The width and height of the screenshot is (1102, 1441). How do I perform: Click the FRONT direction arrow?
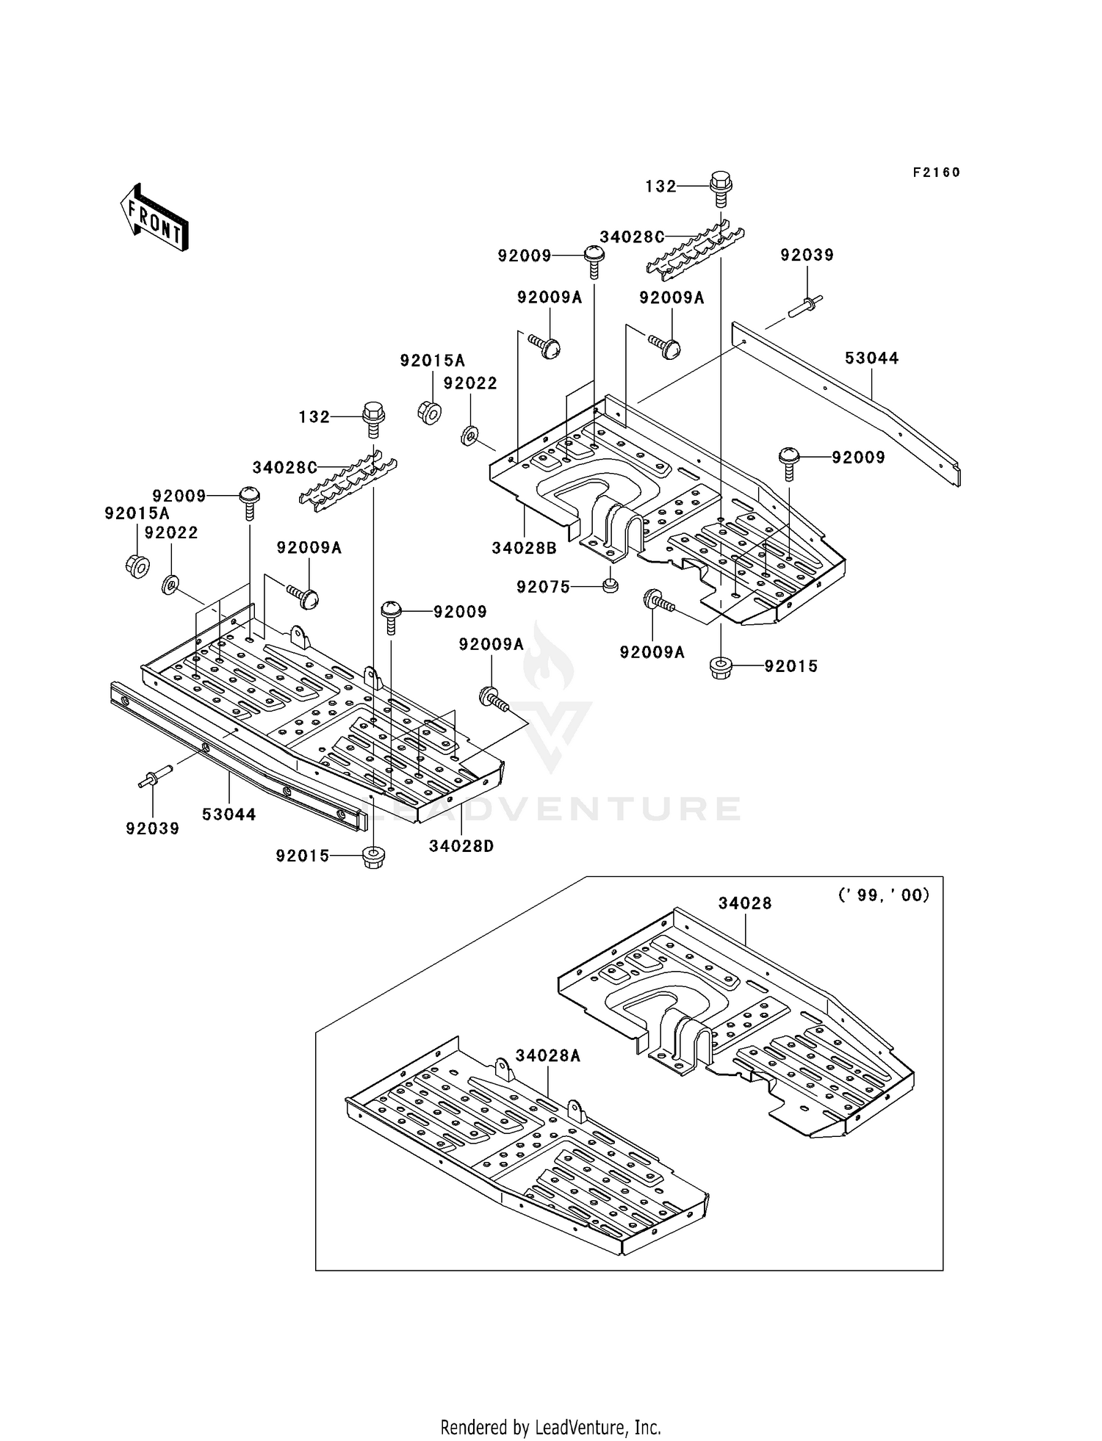point(154,219)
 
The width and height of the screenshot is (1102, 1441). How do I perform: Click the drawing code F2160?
point(936,173)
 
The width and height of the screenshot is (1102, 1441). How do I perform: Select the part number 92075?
point(543,587)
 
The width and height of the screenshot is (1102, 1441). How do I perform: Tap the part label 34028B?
point(524,548)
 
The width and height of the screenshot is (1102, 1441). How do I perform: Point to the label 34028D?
point(461,846)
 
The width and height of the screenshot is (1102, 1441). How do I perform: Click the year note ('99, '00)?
point(884,895)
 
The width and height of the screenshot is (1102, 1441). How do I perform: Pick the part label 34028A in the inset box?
point(547,1055)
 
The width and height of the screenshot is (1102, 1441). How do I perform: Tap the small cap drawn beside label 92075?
point(608,585)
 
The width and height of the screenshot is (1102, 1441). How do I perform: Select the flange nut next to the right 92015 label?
point(721,668)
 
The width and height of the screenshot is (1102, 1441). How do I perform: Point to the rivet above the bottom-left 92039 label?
point(155,776)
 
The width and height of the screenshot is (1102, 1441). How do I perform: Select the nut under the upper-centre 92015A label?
point(430,412)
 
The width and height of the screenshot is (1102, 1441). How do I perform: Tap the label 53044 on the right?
point(871,358)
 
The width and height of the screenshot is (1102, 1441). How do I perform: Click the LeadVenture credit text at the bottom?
point(550,1427)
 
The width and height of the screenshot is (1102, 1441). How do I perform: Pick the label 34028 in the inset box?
point(744,903)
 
